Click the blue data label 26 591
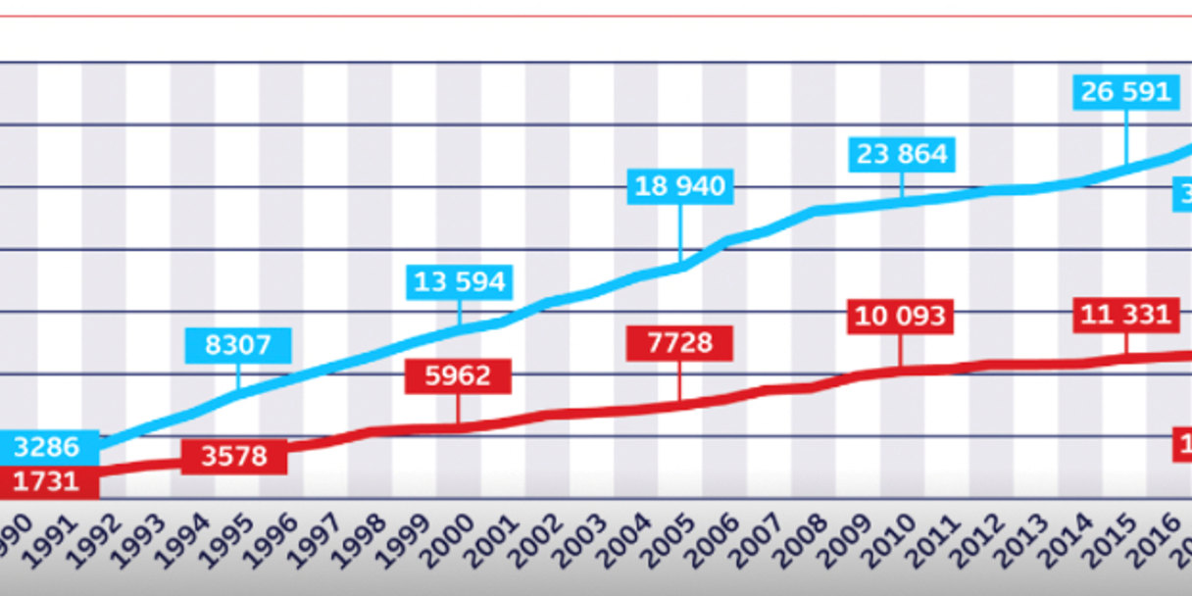point(1125,92)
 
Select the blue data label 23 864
point(902,154)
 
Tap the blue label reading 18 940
point(679,186)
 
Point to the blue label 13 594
point(459,282)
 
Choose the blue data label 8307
point(238,345)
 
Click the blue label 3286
point(46,447)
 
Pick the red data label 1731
point(46,481)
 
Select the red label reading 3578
point(234,457)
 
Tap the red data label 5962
point(459,375)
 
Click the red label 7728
point(679,344)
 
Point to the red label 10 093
point(901,317)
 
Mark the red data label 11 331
point(1125,315)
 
